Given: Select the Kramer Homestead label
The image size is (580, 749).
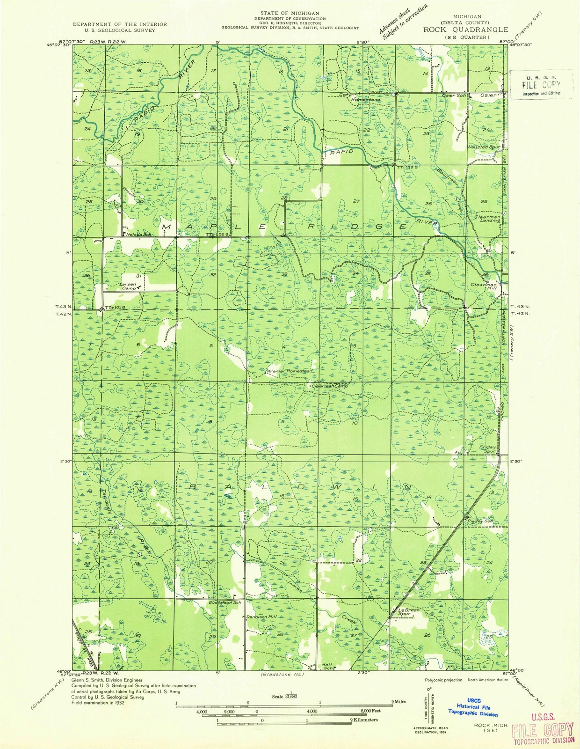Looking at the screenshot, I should pyautogui.click(x=289, y=371).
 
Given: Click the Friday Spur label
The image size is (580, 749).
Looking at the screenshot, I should pyautogui.click(x=487, y=449).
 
